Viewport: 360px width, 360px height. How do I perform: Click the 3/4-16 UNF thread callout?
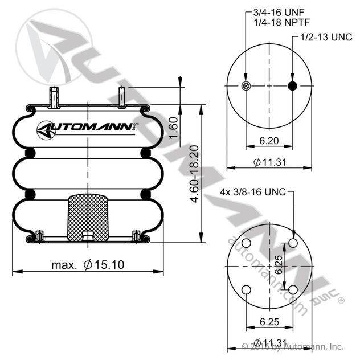pos(279,13)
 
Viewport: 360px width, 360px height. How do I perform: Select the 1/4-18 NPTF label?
pos(282,23)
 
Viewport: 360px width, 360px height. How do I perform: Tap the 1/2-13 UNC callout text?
pos(326,37)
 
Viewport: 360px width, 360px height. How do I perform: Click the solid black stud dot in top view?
pos(293,86)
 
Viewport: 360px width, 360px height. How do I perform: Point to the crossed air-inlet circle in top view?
pos(246,86)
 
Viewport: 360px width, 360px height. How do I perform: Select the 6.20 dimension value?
pos(269,141)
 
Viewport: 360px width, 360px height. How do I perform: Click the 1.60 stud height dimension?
pos(174,128)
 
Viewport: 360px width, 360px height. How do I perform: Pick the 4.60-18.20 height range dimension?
pos(194,174)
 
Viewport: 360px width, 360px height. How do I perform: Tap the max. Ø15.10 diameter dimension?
pos(88,265)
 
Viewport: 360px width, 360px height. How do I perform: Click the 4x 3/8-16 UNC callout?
pos(253,192)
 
